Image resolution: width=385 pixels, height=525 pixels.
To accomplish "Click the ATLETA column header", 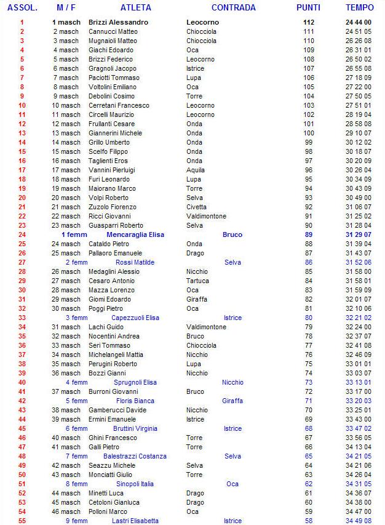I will click(135, 8).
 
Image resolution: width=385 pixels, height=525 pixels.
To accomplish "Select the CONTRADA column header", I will click(233, 8).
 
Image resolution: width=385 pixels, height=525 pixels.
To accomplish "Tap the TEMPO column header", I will click(359, 8).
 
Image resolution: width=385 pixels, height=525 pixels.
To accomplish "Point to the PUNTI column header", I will click(308, 8).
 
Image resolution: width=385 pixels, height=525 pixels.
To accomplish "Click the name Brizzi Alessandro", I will click(118, 22).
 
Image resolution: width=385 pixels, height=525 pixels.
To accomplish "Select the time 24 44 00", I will click(359, 22).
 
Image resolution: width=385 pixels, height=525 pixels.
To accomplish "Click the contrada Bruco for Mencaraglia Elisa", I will click(232, 234).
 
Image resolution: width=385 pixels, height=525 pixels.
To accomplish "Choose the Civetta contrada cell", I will click(197, 207).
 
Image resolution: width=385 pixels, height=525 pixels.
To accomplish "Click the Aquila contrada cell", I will click(196, 170).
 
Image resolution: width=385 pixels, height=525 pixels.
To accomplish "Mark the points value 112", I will click(308, 22).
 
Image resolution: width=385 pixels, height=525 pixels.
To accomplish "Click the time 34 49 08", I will click(359, 521).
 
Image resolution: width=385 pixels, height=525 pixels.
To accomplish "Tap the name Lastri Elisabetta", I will click(135, 521).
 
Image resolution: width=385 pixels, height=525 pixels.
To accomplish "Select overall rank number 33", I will click(22, 318).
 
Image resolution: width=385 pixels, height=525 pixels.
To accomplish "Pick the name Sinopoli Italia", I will click(135, 484).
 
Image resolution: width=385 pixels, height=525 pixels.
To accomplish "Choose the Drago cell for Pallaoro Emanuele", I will click(195, 253).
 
